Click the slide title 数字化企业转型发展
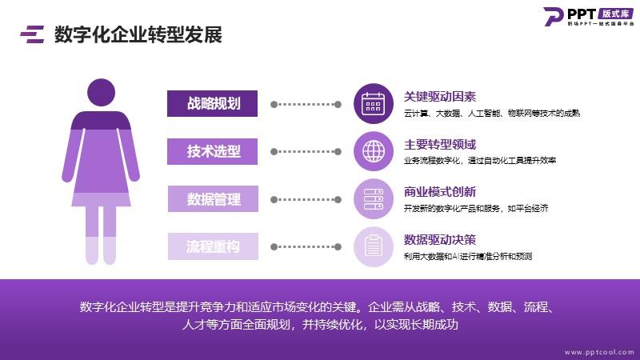138,34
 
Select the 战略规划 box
212,104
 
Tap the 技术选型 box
212,151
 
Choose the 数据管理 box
213,198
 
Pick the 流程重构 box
213,246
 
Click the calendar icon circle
374,104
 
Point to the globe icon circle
374,151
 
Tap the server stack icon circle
374,198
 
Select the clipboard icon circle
374,246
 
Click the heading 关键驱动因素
440,97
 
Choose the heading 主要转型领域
440,145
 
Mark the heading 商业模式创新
440,192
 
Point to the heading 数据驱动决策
440,239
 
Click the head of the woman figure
102,93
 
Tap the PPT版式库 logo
589,17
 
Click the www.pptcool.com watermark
599,352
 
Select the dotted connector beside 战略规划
306,105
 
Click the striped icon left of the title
32,34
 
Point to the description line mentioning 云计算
492,113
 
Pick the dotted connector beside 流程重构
306,246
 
